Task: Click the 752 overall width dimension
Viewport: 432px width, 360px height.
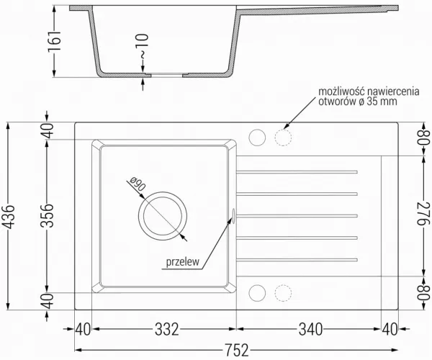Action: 237,350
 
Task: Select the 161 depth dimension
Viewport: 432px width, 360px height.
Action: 55,41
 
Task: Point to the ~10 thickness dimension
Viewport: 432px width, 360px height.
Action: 143,46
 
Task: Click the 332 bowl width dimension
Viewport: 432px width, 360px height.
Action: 167,329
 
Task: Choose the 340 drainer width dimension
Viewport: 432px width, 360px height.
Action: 311,329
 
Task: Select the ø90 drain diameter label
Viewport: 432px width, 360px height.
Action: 137,184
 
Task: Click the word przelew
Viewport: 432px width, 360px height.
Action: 182,261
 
